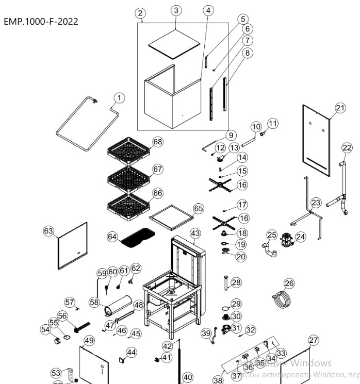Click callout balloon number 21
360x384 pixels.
pyautogui.click(x=339, y=107)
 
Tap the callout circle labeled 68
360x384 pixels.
pyautogui.click(x=157, y=142)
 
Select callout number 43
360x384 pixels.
pyautogui.click(x=194, y=233)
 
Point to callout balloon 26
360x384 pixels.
pyautogui.click(x=289, y=283)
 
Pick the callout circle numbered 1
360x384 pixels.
pyautogui.click(x=119, y=97)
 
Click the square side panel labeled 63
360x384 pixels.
pyautogui.click(x=72, y=246)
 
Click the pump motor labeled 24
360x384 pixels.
pyautogui.click(x=286, y=240)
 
